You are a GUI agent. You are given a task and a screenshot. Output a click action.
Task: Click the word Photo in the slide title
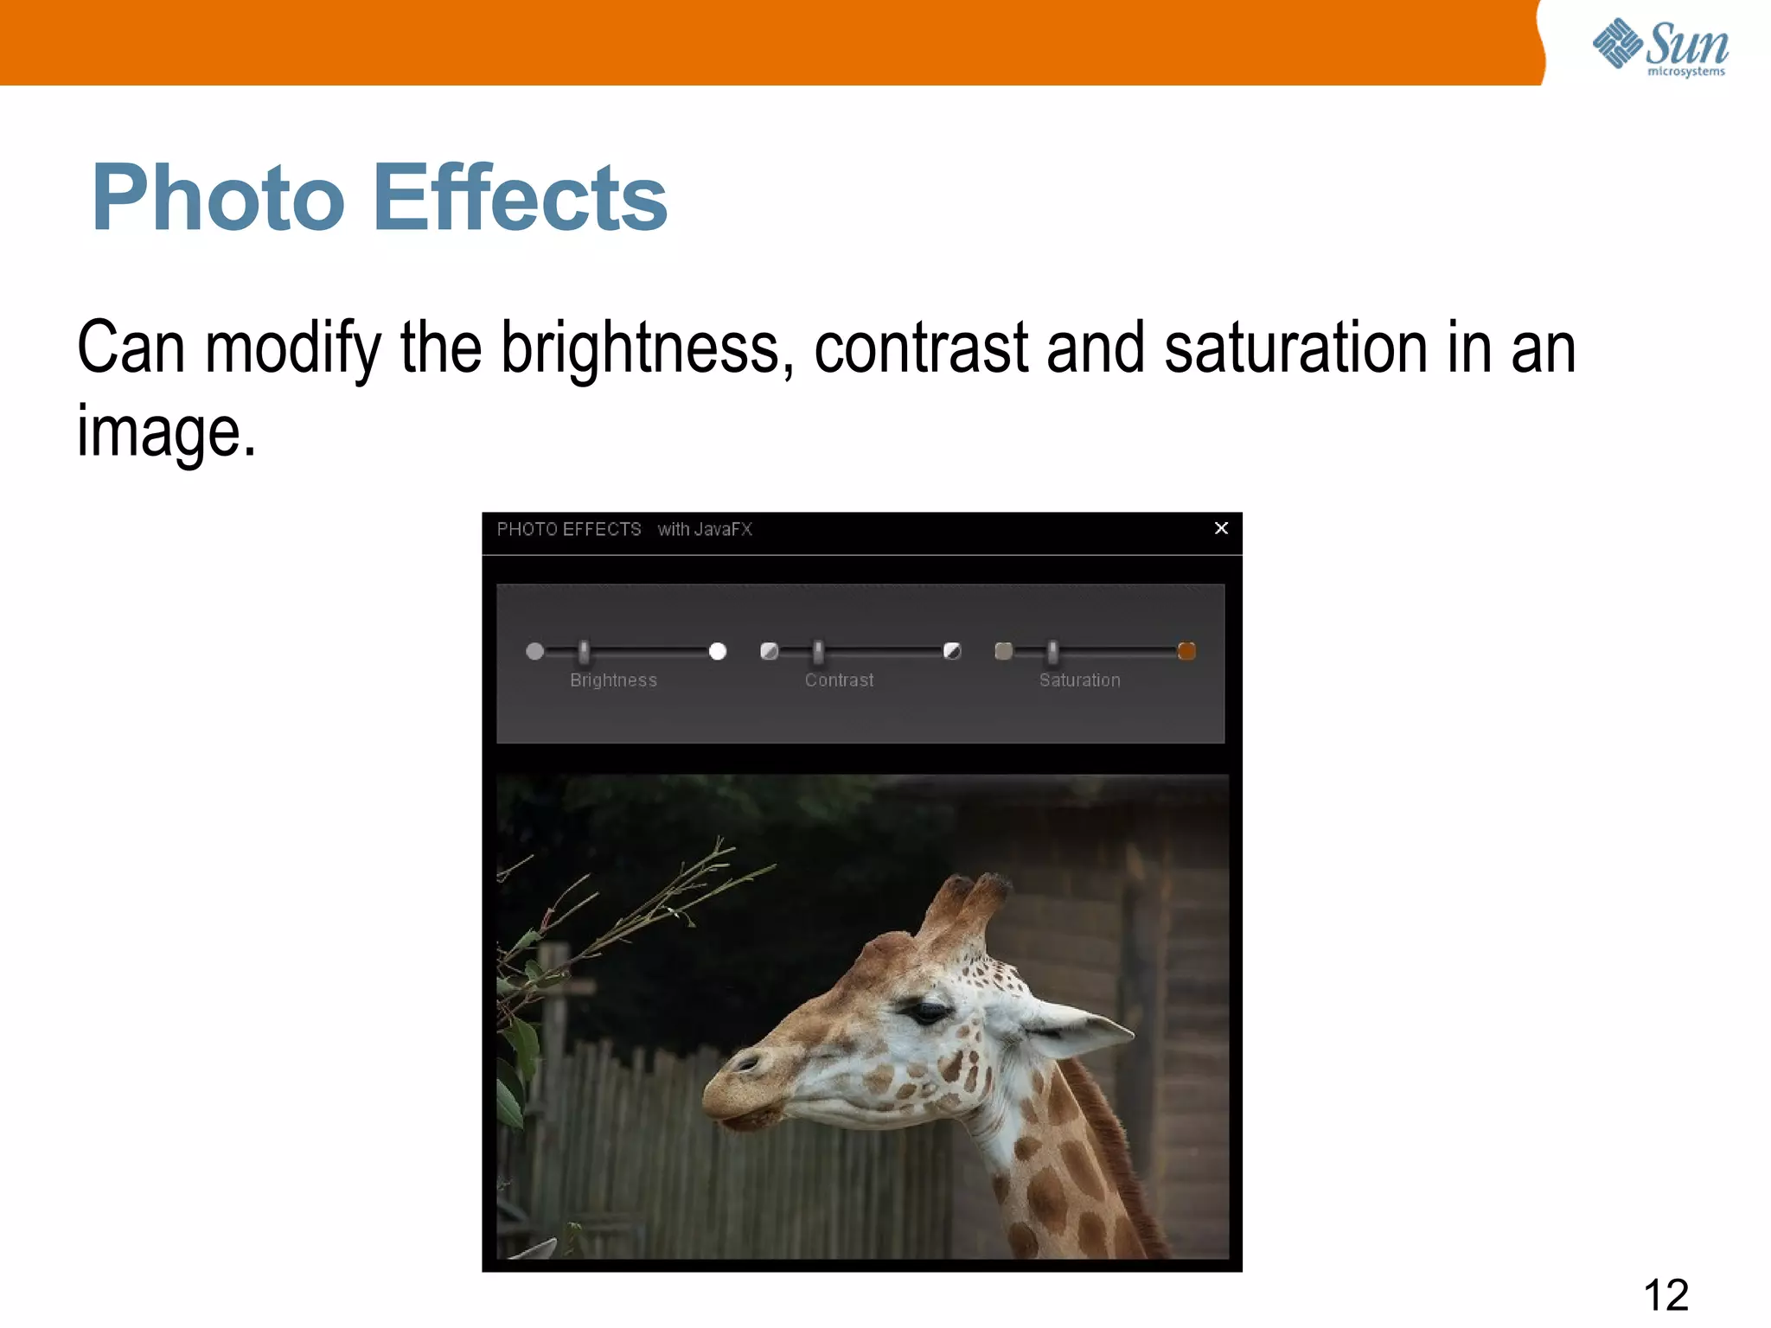[218, 199]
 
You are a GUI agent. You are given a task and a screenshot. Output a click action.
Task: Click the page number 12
[1666, 1294]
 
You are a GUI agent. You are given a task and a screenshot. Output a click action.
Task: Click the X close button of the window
[1221, 528]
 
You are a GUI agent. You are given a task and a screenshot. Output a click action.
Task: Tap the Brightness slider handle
[585, 652]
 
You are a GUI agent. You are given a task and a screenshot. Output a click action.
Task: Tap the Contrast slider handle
[819, 652]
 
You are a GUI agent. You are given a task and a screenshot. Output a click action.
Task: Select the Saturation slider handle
[1052, 652]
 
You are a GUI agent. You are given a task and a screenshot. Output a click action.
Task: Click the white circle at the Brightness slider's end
[718, 651]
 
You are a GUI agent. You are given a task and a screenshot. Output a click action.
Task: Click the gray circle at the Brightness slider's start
[535, 651]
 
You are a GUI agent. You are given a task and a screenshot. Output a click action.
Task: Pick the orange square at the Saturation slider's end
[1186, 651]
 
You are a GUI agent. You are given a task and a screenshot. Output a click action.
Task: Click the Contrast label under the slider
[839, 680]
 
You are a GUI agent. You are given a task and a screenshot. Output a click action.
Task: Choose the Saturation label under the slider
[1079, 680]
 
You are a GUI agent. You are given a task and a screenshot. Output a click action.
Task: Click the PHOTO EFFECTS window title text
[568, 529]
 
